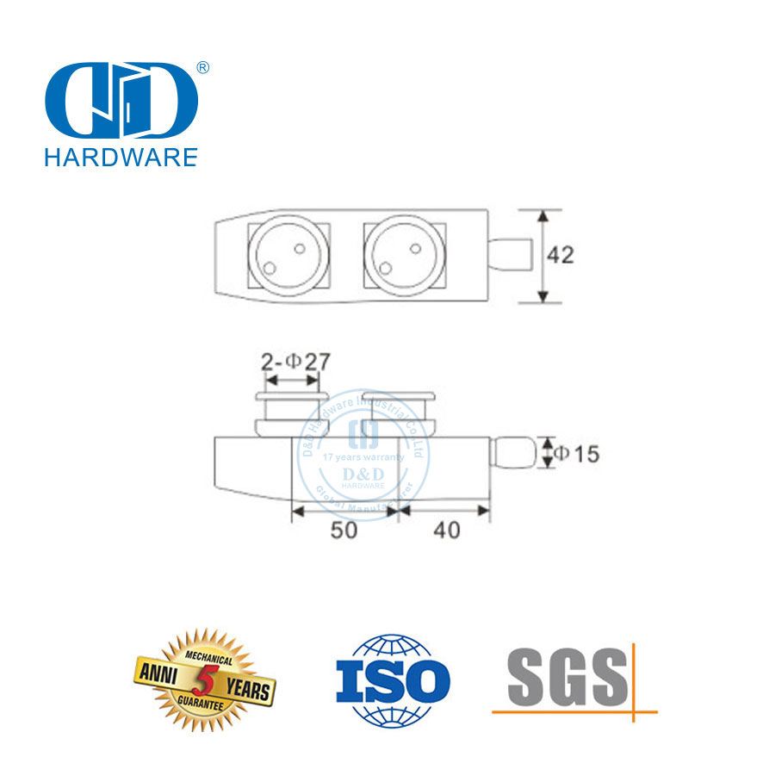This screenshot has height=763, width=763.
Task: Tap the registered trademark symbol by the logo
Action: [x=203, y=67]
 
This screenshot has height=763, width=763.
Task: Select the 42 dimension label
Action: [x=560, y=255]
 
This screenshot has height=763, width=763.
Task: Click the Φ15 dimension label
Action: [x=574, y=454]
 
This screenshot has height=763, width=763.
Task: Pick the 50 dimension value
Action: [x=344, y=530]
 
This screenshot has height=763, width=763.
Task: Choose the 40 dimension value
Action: [x=447, y=530]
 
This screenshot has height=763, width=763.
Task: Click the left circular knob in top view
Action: [x=287, y=256]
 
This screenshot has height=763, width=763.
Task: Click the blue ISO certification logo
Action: [x=392, y=680]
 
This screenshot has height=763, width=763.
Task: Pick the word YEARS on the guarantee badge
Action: [x=249, y=688]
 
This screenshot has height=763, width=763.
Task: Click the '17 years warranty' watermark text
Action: [x=363, y=457]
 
